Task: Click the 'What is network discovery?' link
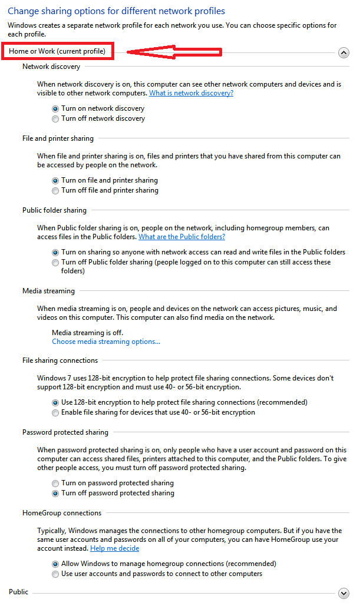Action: click(x=191, y=93)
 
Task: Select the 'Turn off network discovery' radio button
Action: click(x=55, y=119)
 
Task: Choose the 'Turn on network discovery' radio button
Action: click(x=55, y=109)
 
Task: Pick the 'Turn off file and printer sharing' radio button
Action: click(x=55, y=191)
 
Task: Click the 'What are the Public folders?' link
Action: click(x=181, y=237)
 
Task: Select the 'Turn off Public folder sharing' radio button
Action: click(x=55, y=263)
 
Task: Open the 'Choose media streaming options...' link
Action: click(x=106, y=342)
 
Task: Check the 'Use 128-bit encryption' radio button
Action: click(x=55, y=403)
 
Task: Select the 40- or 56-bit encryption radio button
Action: click(x=55, y=413)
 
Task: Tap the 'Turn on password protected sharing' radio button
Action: click(x=55, y=484)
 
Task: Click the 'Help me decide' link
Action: click(x=114, y=548)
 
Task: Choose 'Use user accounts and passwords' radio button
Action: click(x=55, y=574)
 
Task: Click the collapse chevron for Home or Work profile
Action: click(x=344, y=52)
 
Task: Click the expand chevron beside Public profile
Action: click(x=344, y=593)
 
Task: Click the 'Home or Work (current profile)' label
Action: click(x=57, y=52)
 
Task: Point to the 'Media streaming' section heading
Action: click(x=48, y=291)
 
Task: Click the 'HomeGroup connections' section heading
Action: click(x=62, y=513)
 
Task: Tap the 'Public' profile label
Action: click(x=18, y=592)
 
